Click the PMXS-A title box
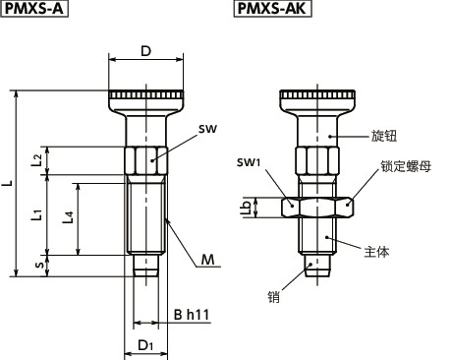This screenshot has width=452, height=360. [34, 8]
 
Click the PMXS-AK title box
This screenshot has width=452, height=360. [272, 8]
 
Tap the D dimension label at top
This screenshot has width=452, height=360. [146, 51]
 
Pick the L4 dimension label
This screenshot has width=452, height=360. [68, 217]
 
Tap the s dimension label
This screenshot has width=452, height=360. [39, 265]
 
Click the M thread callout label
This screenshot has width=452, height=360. [207, 260]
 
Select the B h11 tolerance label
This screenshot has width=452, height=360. [192, 315]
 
